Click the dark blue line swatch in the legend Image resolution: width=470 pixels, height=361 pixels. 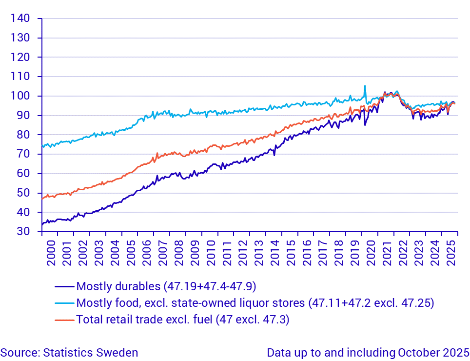click(x=65, y=286)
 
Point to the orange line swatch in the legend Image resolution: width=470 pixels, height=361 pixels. click(x=65, y=320)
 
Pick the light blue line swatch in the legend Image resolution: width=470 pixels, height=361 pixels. click(x=65, y=303)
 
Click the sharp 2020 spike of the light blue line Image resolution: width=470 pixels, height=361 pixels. click(x=365, y=86)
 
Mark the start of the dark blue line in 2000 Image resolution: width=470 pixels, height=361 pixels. click(x=42, y=224)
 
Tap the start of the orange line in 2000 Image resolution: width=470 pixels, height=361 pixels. click(x=42, y=199)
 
